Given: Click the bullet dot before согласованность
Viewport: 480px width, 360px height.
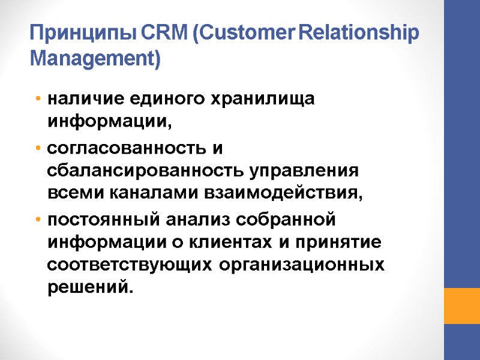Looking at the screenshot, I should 38,148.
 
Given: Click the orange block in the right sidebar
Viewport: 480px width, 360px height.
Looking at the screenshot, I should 461,305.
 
